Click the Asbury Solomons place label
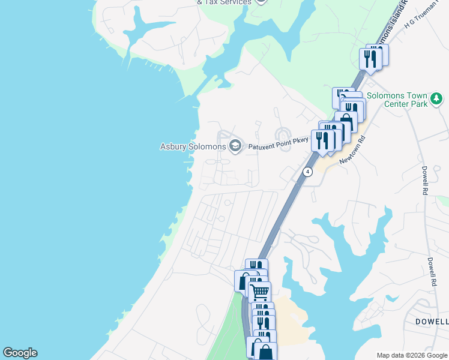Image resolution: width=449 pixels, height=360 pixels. (193, 146)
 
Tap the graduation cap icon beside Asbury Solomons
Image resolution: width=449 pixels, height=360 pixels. (235, 146)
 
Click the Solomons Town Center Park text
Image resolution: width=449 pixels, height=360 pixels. (397, 100)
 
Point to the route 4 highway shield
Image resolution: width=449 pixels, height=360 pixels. (307, 172)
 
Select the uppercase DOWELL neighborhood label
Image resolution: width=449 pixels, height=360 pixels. (432, 322)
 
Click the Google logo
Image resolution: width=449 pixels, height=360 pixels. (20, 353)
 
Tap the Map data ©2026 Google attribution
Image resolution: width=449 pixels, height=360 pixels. (412, 355)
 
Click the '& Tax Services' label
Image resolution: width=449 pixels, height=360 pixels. (224, 2)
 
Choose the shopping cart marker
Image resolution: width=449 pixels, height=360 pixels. (260, 293)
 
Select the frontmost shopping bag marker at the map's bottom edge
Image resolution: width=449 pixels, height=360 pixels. (265, 352)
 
